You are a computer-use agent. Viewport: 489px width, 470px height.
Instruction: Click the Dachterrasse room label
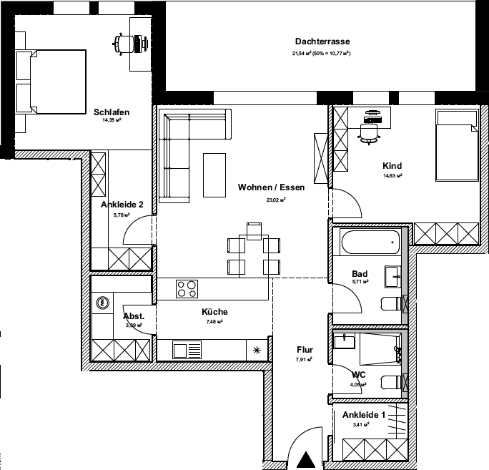click(x=322, y=41)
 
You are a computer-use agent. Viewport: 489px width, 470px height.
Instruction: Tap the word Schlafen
click(x=111, y=112)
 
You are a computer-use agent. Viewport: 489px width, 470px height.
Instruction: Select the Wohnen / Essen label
click(x=272, y=188)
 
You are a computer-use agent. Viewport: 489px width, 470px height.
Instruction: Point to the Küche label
click(x=214, y=312)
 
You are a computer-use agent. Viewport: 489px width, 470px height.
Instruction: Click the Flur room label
click(x=305, y=350)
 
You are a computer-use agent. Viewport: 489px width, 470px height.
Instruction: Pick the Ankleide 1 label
click(x=363, y=415)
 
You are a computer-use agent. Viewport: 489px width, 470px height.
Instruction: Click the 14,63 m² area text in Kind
click(x=392, y=175)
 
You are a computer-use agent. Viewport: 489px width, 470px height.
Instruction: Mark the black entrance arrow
click(x=306, y=460)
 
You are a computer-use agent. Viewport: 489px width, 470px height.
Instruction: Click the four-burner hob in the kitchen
click(x=187, y=289)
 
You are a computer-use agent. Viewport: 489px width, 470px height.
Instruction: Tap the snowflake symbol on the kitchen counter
click(x=257, y=350)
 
